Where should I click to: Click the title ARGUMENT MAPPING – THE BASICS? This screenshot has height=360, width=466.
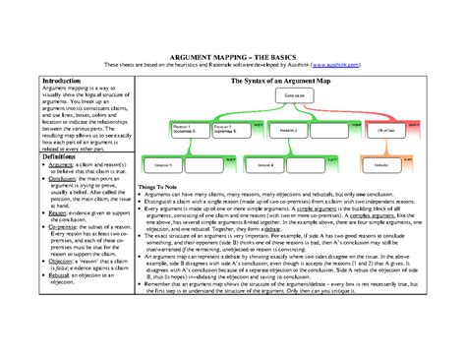pyautogui.click(x=233, y=58)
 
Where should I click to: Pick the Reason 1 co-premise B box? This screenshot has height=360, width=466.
pyautogui.click(x=226, y=129)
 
